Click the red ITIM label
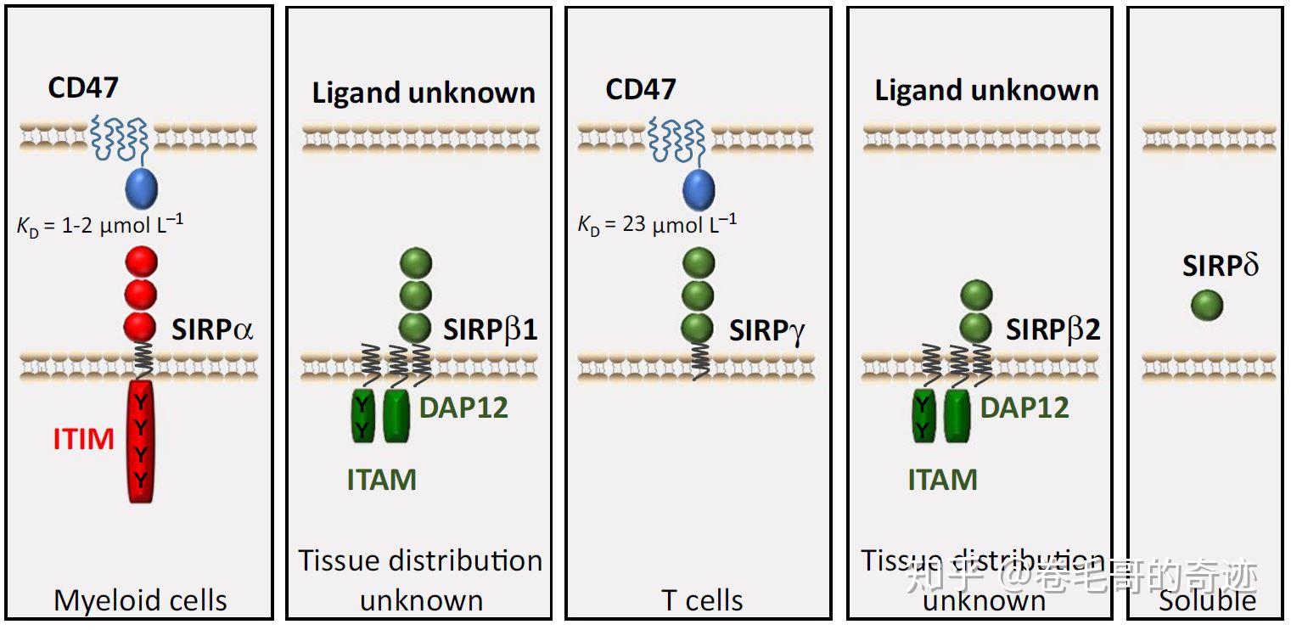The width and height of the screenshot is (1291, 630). (x=83, y=439)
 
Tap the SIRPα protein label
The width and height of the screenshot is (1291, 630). (x=212, y=329)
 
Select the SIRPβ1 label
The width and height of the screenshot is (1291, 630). (x=490, y=329)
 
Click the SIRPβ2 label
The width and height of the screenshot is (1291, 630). (x=1052, y=329)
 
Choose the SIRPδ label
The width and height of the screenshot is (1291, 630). (x=1220, y=267)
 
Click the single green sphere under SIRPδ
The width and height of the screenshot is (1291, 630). (x=1206, y=306)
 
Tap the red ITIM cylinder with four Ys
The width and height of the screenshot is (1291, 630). (x=141, y=442)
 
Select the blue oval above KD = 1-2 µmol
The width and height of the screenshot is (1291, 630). (x=141, y=188)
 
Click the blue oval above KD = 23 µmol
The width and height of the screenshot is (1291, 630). (x=699, y=190)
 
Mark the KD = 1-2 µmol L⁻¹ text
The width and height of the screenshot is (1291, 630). (x=100, y=226)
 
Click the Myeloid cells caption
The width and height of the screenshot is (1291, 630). (x=140, y=601)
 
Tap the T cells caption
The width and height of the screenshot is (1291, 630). (x=702, y=601)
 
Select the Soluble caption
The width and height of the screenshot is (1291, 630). (x=1207, y=601)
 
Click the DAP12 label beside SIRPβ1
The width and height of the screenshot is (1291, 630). (x=463, y=408)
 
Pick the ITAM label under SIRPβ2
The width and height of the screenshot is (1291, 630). (x=942, y=481)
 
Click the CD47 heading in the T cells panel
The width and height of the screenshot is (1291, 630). (x=640, y=89)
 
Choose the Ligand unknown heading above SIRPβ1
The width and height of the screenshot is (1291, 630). (x=424, y=93)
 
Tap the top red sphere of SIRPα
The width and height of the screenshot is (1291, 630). (x=141, y=262)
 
